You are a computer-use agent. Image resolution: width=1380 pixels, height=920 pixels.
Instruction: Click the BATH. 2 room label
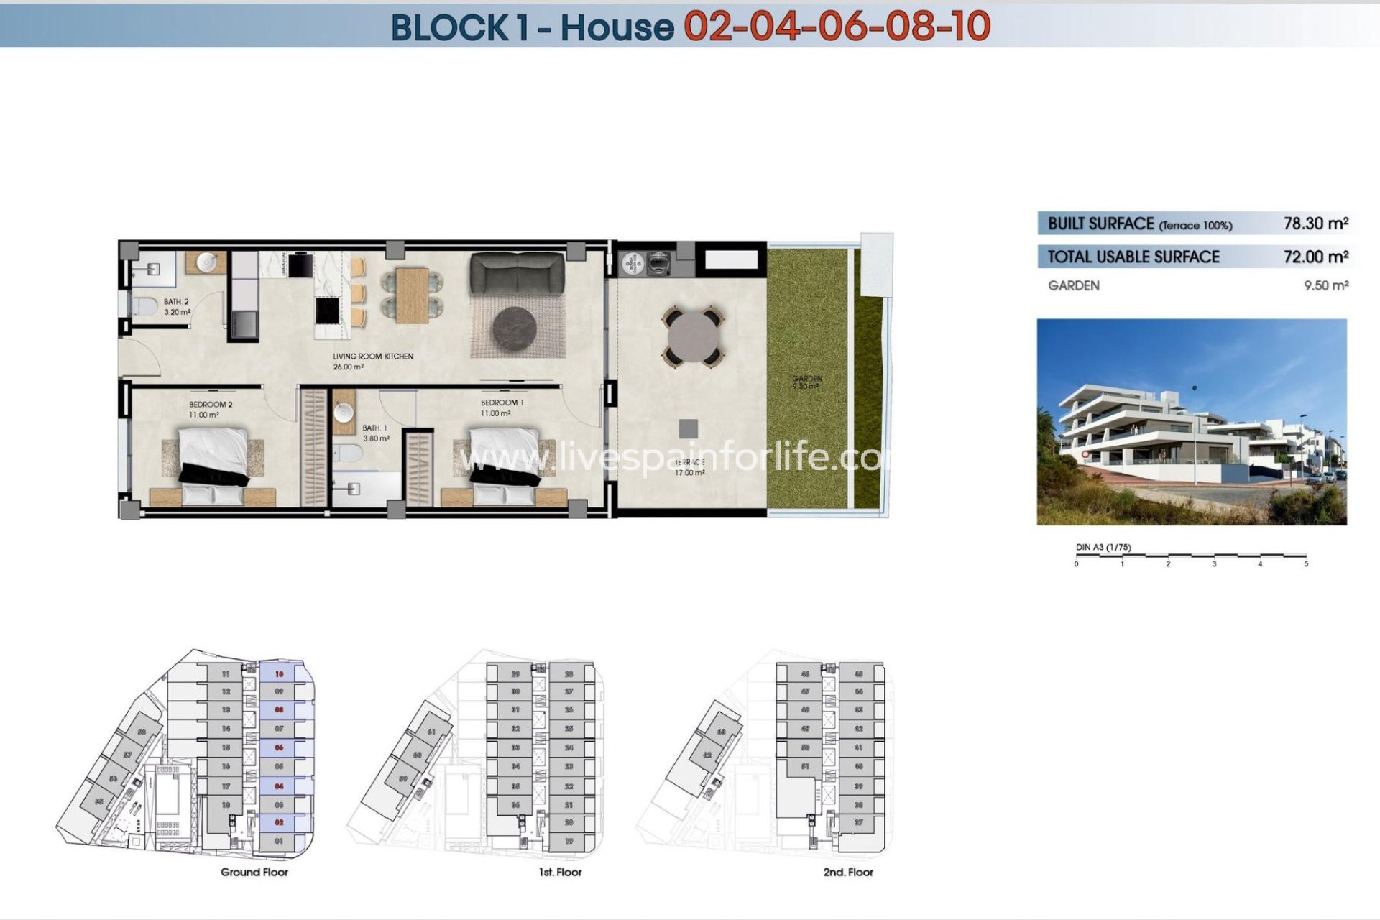pyautogui.click(x=176, y=302)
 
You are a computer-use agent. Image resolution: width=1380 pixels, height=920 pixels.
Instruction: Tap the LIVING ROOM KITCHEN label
pyautogui.click(x=372, y=356)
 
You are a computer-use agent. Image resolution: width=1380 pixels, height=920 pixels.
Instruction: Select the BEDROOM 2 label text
pyautogui.click(x=211, y=405)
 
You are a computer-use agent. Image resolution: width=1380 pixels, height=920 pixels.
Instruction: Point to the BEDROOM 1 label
pyautogui.click(x=502, y=402)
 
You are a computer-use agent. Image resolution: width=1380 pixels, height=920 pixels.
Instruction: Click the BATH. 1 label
pyautogui.click(x=374, y=428)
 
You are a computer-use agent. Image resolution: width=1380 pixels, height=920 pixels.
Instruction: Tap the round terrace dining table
pyautogui.click(x=693, y=336)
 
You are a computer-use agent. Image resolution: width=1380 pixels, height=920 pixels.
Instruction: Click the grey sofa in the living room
pyautogui.click(x=517, y=273)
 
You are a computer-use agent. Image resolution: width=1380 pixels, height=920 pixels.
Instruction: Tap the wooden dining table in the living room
pyautogui.click(x=412, y=295)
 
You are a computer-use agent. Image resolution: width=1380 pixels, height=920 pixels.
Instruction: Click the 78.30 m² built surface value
pyautogui.click(x=1315, y=224)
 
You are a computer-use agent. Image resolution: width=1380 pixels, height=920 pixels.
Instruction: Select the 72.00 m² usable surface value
pyautogui.click(x=1315, y=257)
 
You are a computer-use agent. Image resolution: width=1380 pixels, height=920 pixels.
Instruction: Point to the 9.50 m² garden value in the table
pyautogui.click(x=1326, y=285)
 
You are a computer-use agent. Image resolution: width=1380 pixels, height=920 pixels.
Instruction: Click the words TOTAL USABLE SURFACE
pyautogui.click(x=1133, y=257)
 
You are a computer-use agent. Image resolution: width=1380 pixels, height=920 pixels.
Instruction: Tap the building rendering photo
pyautogui.click(x=1191, y=422)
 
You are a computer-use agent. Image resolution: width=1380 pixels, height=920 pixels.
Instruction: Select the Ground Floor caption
pyautogui.click(x=254, y=872)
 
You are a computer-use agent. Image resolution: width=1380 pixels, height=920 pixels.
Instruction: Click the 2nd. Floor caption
pyautogui.click(x=848, y=872)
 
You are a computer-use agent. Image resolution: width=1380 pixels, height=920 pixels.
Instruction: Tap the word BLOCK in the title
pyautogui.click(x=449, y=27)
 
